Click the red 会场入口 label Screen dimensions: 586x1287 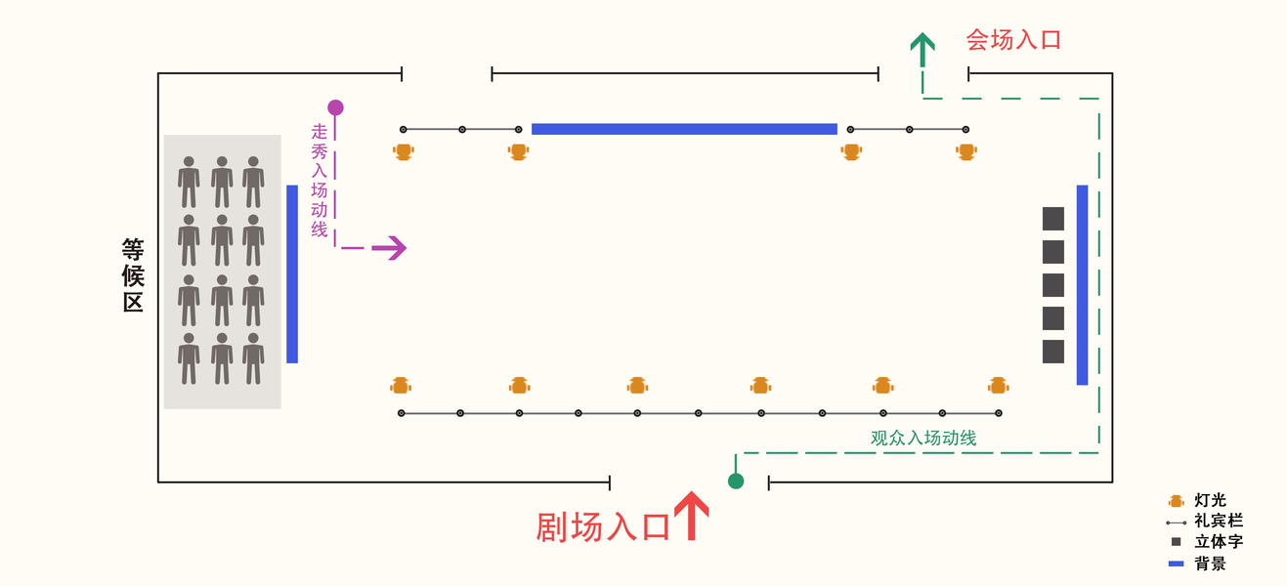coord(1013,39)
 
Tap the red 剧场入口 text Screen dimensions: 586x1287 coord(603,527)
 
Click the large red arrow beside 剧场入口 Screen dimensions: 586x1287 coord(691,516)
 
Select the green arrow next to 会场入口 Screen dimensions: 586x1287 coord(922,49)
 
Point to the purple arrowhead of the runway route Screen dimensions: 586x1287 coord(390,248)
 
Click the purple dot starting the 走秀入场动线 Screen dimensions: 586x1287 coord(335,107)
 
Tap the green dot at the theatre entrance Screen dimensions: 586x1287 coord(736,481)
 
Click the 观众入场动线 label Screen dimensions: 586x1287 coord(923,439)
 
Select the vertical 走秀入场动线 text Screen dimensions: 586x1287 coord(320,181)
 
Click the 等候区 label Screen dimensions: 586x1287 coord(133,275)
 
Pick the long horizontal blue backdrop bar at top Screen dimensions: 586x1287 coord(684,129)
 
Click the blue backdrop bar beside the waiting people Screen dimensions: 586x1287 coord(292,273)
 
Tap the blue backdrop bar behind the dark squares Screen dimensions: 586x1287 coord(1082,284)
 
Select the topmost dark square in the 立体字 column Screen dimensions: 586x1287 coord(1052,219)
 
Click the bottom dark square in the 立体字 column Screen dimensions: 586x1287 coord(1052,352)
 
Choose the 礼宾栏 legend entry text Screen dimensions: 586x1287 coord(1219,522)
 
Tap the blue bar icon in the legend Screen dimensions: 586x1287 coord(1176,564)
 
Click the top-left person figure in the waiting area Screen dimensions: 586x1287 coord(189,182)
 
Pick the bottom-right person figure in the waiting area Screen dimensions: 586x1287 coord(253,358)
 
